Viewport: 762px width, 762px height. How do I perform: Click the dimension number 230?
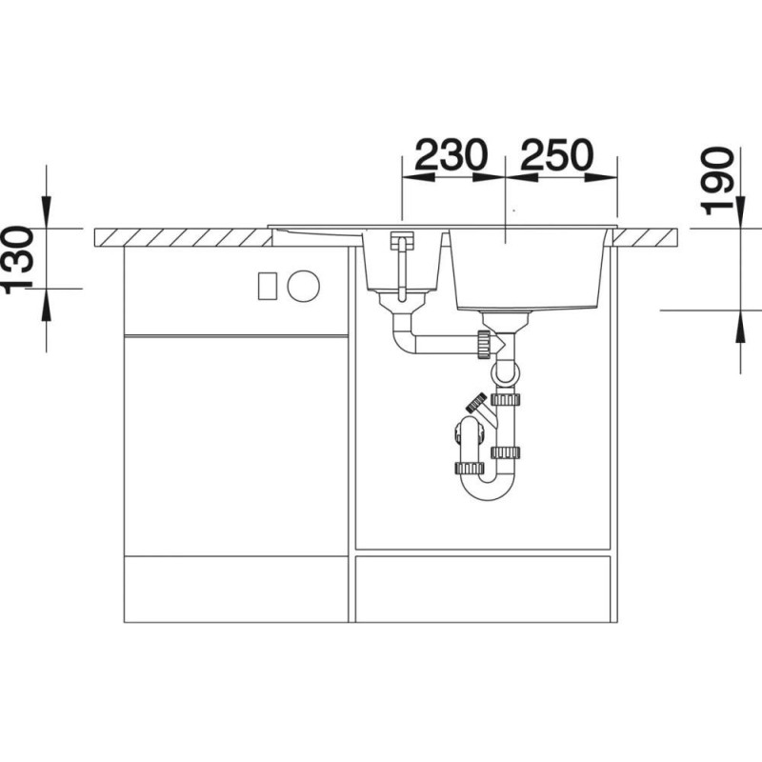[451, 155]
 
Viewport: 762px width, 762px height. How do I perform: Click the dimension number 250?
[557, 155]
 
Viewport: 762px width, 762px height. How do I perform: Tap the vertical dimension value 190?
[717, 182]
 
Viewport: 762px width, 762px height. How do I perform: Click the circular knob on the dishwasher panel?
[303, 286]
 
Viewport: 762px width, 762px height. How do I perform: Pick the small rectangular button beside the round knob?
[268, 286]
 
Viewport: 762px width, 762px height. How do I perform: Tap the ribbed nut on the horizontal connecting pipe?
[484, 345]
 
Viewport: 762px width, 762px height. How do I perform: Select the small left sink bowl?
[402, 261]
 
